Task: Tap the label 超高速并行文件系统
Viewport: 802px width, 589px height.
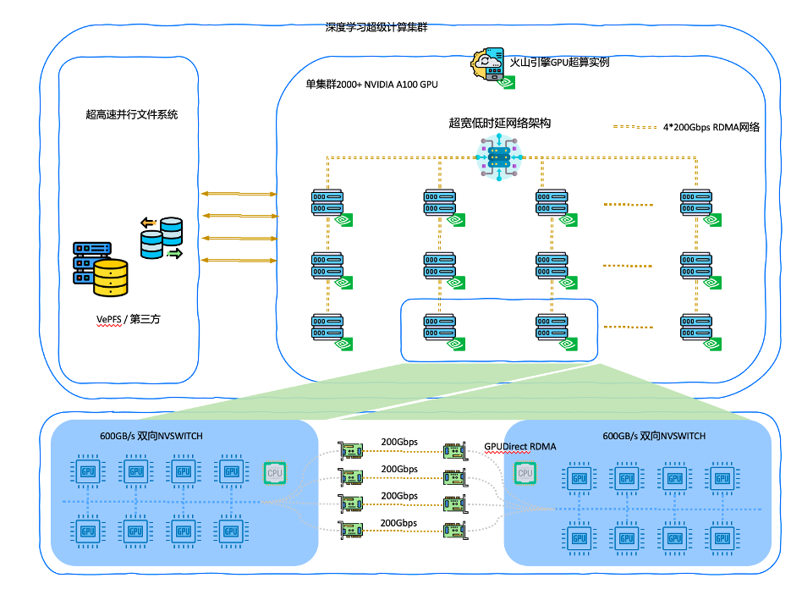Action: click(x=132, y=114)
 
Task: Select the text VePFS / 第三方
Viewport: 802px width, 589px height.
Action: click(x=128, y=318)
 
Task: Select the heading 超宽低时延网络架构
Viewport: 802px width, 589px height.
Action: click(x=500, y=123)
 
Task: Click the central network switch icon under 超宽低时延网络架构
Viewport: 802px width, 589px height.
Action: click(x=499, y=158)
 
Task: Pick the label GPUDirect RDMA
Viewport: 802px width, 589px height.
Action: click(x=520, y=446)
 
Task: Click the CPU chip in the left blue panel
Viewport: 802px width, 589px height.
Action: click(x=275, y=472)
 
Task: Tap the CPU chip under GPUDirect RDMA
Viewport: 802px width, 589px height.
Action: click(x=525, y=473)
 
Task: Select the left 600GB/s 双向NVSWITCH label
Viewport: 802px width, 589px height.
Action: click(x=151, y=436)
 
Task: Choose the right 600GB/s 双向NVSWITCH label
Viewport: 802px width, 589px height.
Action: click(x=654, y=436)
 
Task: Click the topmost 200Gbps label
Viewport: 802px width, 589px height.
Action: click(x=399, y=442)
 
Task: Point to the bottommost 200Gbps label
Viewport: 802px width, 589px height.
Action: click(x=399, y=523)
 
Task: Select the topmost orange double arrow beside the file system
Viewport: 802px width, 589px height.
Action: click(x=239, y=194)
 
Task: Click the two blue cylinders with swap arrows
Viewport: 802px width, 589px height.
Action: click(x=162, y=238)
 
